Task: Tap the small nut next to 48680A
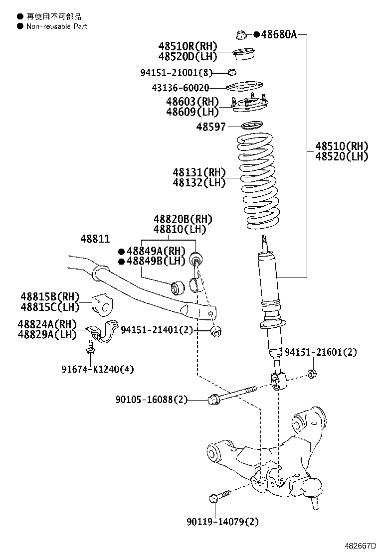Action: pyautogui.click(x=240, y=35)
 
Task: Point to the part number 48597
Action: pyautogui.click(x=211, y=127)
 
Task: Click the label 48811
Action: pyautogui.click(x=95, y=239)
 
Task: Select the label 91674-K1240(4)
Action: pyautogui.click(x=98, y=369)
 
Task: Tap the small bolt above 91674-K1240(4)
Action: pyautogui.click(x=90, y=347)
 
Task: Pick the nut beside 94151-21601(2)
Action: pyautogui.click(x=312, y=374)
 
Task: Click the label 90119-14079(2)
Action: pyautogui.click(x=223, y=522)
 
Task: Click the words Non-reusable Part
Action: pyautogui.click(x=57, y=26)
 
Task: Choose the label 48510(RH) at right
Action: pyautogui.click(x=342, y=146)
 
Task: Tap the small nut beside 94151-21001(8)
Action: pyautogui.click(x=232, y=72)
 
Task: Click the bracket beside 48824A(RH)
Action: pyautogui.click(x=101, y=333)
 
